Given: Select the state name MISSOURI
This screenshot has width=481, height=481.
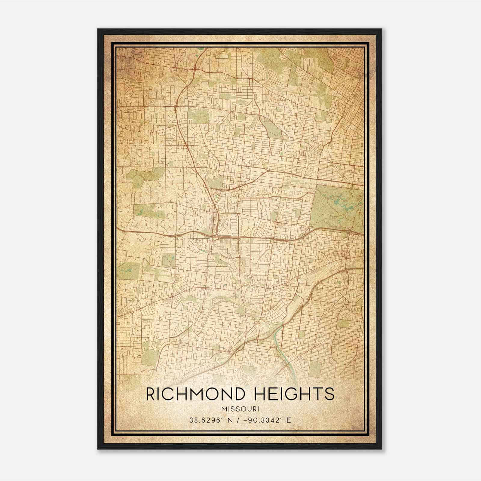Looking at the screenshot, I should pos(240,409).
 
